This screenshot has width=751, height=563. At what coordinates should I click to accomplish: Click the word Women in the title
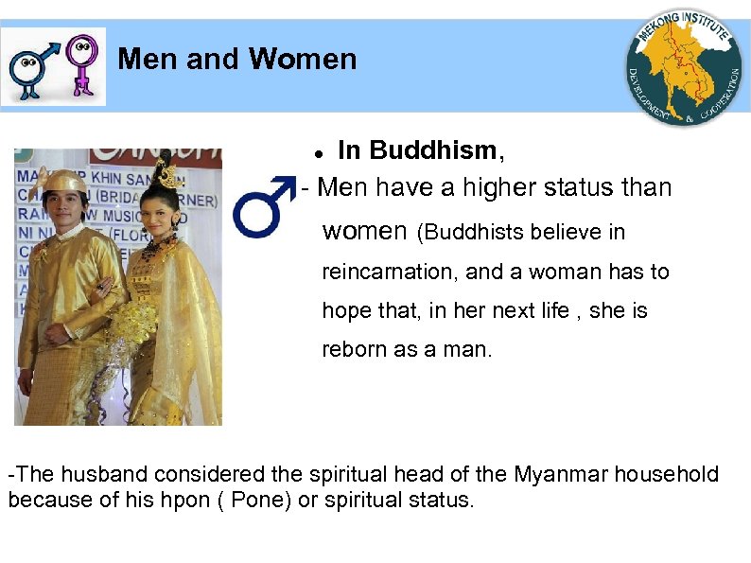pyautogui.click(x=303, y=60)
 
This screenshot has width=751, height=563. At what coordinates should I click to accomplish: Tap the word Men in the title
pyautogui.click(x=148, y=60)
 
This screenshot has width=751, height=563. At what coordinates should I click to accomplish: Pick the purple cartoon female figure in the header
pyautogui.click(x=84, y=63)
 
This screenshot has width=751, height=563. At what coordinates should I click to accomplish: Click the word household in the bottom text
pyautogui.click(x=666, y=474)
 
